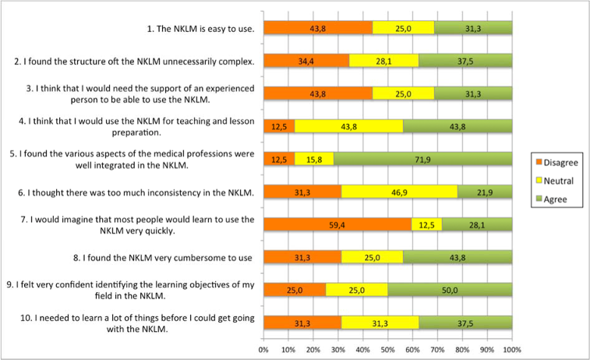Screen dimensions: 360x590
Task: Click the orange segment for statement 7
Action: [x=337, y=224]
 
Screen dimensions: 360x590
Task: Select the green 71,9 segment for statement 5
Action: [x=422, y=159]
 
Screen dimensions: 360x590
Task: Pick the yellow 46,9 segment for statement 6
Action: [x=399, y=192]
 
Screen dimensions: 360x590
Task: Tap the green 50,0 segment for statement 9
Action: [x=450, y=290]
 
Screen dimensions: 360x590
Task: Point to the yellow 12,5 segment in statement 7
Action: [x=426, y=224]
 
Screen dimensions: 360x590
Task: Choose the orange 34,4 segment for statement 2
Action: [x=306, y=60]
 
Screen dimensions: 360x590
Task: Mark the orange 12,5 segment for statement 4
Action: [x=279, y=126]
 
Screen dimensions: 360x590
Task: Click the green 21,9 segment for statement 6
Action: [x=485, y=192]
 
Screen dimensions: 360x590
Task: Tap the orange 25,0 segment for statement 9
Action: [x=295, y=290]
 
